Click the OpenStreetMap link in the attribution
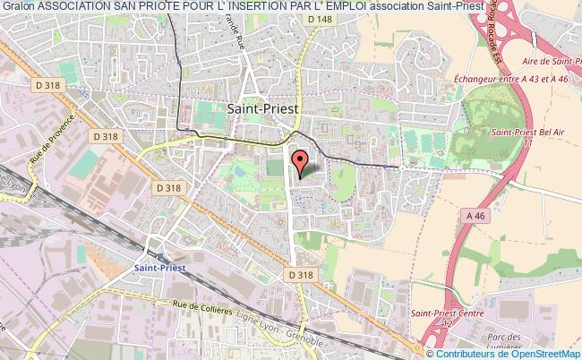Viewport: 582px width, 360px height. point(545,353)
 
